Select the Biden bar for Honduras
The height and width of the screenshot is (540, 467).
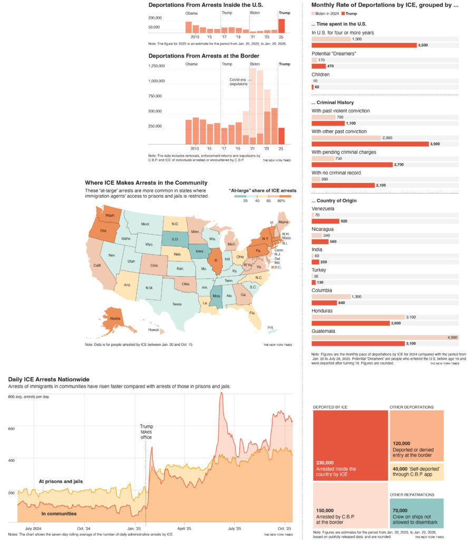click(358, 317)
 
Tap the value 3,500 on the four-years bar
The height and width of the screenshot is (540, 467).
click(423, 45)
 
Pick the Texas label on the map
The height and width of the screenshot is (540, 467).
click(177, 304)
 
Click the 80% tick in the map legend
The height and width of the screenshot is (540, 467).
click(281, 200)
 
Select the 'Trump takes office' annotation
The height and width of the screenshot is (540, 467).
click(146, 431)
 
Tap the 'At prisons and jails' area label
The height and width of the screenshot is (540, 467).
click(61, 481)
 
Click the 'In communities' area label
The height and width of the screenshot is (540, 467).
click(59, 513)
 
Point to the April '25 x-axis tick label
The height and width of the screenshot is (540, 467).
click(184, 528)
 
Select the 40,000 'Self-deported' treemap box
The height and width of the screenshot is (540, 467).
click(416, 471)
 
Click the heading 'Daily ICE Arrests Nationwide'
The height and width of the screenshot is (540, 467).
click(48, 379)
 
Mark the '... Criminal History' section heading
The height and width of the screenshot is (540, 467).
click(333, 102)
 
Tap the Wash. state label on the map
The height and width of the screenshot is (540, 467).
click(110, 216)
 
